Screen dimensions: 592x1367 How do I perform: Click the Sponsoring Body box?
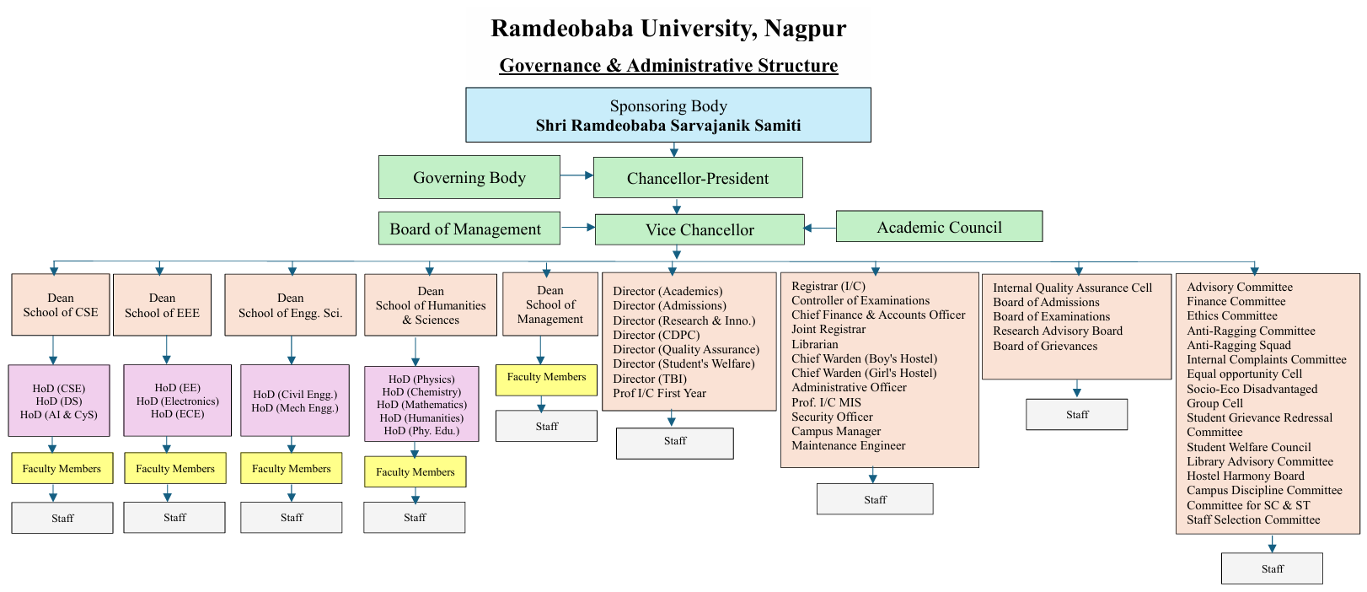coord(667,115)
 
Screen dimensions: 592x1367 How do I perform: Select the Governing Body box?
coord(469,177)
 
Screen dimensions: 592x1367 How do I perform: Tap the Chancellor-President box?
coord(698,178)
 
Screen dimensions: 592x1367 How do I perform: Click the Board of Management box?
coord(469,229)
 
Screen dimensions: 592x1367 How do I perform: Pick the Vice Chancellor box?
coord(700,229)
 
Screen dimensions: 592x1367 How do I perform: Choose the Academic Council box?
coord(939,227)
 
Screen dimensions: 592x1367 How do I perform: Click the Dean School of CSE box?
coord(61,305)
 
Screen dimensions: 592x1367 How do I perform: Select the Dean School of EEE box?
coord(162,305)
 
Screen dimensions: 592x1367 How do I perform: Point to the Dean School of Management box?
coord(549,304)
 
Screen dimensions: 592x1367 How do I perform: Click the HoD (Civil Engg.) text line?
coord(295,395)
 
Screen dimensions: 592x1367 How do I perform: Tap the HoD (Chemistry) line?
coord(421,392)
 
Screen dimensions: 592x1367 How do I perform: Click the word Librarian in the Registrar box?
coord(815,344)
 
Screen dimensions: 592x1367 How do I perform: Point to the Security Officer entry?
coord(832,417)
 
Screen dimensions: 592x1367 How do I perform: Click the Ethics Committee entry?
coord(1232,315)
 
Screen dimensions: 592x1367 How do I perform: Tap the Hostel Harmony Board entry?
coord(1246,476)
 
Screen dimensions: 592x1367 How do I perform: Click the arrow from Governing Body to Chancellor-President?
coord(576,175)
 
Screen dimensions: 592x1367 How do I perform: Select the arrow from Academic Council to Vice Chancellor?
coord(819,228)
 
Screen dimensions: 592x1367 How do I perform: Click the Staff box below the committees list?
coord(1272,568)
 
